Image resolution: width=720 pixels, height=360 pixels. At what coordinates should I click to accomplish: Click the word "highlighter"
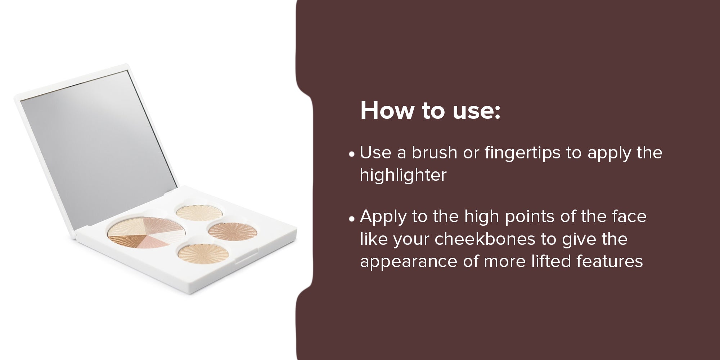[403, 175]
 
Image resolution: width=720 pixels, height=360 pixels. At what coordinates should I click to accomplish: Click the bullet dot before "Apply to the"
[352, 219]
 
